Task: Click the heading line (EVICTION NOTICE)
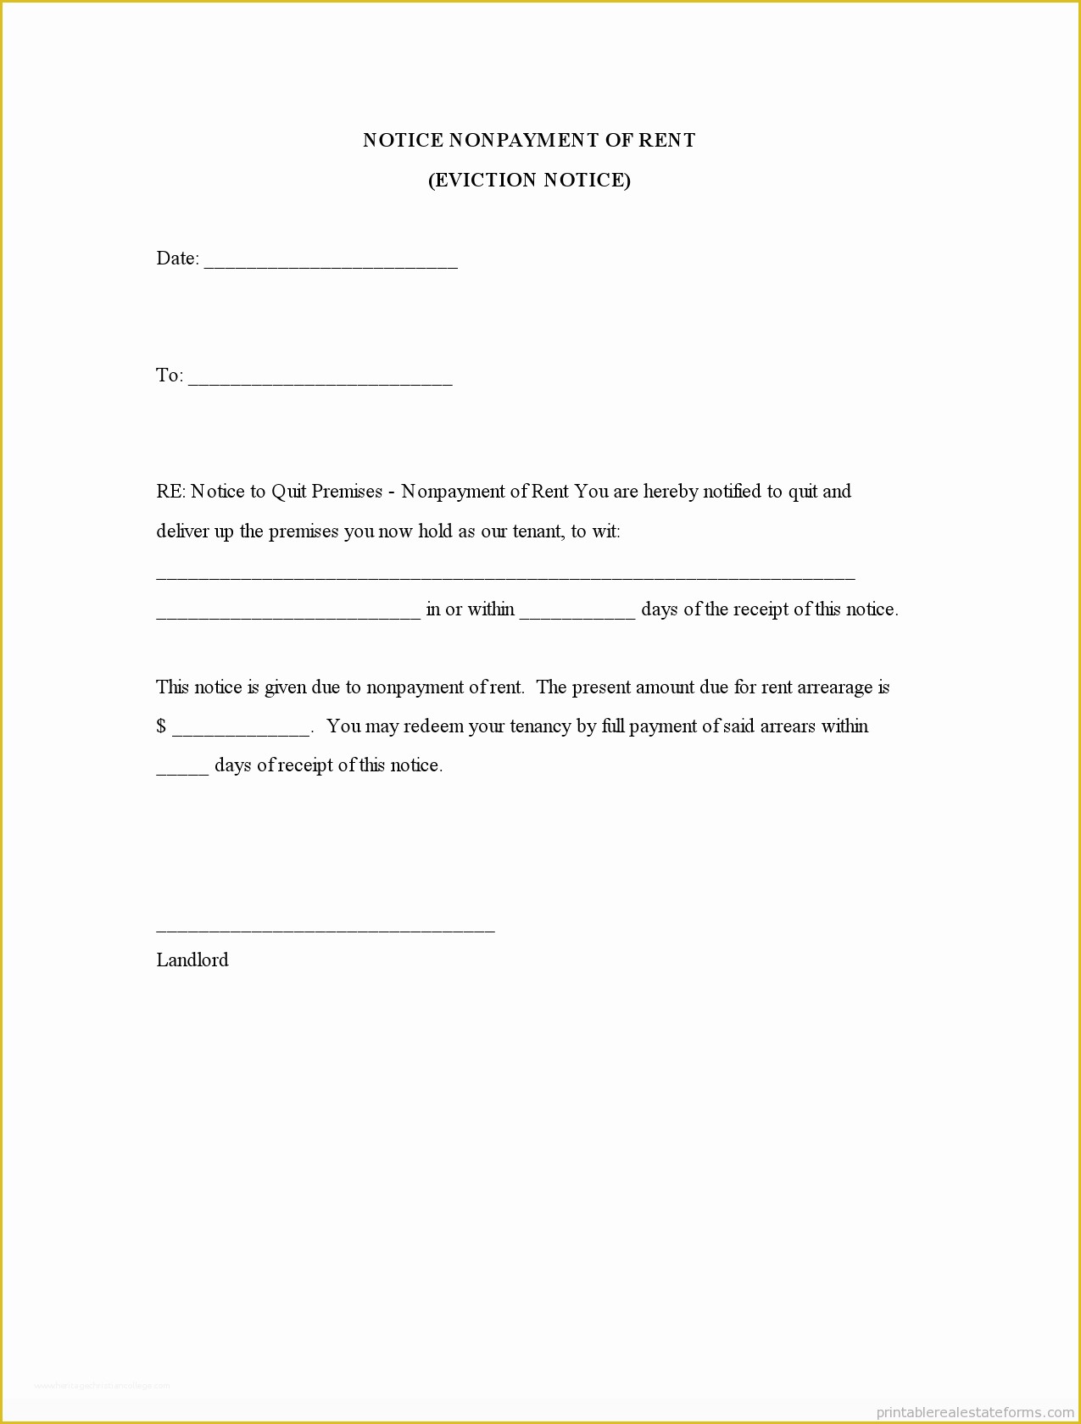coord(529,181)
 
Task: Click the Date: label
coord(177,259)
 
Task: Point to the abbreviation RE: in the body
coord(170,492)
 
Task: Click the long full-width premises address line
coord(505,577)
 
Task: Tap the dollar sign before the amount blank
coord(161,726)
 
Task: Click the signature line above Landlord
coord(326,930)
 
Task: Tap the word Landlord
coord(192,960)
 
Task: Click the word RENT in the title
coord(667,141)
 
